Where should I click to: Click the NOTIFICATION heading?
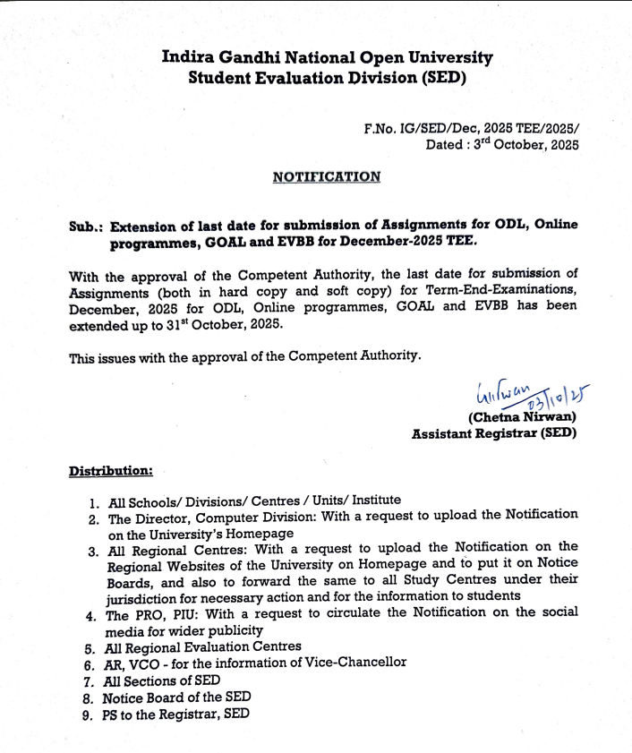[x=327, y=176]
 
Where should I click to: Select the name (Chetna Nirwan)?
[x=522, y=416]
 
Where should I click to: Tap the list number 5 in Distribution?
[x=90, y=646]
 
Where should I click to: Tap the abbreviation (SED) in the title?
[x=443, y=78]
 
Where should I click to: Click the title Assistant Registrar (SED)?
[x=494, y=433]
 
